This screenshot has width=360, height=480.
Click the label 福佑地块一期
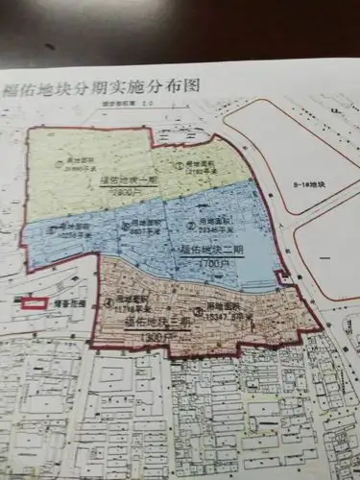(133, 180)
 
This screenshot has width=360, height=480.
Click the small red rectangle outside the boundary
(35, 303)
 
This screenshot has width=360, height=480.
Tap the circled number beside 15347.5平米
(195, 310)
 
